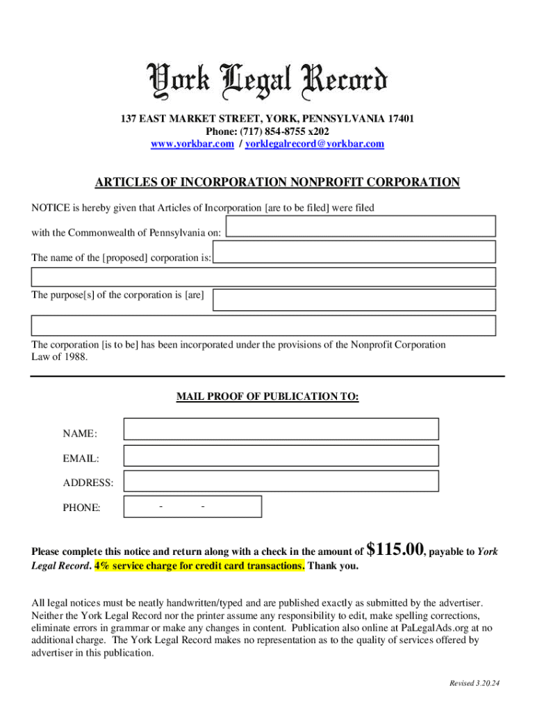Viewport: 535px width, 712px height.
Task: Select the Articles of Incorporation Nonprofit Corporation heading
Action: pos(277,183)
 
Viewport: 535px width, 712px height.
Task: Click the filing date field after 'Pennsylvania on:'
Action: pos(361,226)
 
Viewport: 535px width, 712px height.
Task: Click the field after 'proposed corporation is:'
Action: pos(354,252)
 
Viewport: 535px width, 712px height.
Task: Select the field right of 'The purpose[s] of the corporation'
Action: pos(354,300)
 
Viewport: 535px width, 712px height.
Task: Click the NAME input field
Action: pos(281,429)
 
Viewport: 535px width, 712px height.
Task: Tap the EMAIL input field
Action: pos(281,455)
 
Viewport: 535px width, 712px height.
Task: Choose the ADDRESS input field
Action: pos(281,481)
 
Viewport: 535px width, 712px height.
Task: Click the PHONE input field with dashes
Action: pos(192,506)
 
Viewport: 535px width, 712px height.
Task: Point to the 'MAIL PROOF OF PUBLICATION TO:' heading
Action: pos(267,396)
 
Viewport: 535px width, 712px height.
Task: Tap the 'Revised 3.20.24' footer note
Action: pos(475,683)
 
